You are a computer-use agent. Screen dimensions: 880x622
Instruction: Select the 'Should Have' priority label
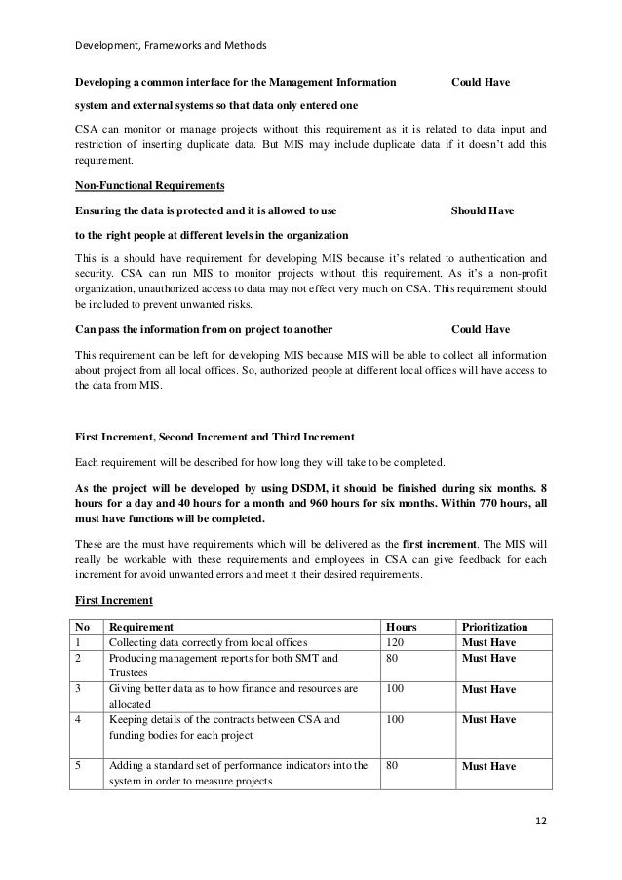point(484,210)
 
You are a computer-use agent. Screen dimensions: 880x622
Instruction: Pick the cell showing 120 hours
point(397,643)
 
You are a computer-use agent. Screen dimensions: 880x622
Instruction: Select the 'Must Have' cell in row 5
point(488,767)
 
